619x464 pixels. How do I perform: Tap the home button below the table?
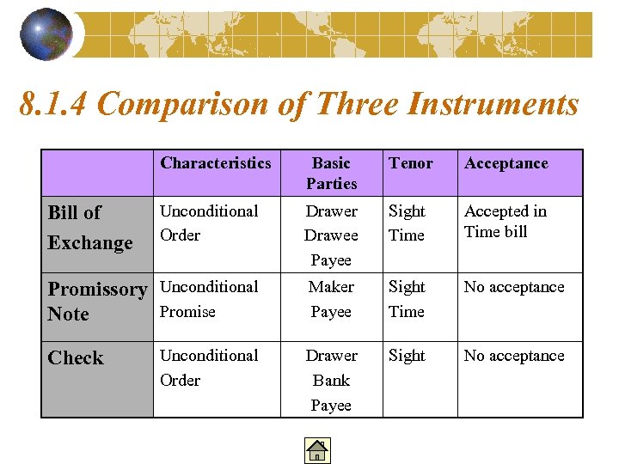[x=317, y=450]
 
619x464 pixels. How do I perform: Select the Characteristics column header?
[x=215, y=163]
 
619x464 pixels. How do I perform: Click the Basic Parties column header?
[x=331, y=173]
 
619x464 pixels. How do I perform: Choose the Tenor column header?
[x=410, y=163]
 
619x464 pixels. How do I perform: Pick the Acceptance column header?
[x=506, y=163]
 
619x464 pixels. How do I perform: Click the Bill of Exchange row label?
[x=89, y=228]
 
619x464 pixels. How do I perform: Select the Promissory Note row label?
[x=96, y=301]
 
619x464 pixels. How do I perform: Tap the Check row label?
[x=76, y=358]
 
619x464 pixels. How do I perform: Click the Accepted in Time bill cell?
[x=505, y=221]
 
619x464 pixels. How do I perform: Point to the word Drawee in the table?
[x=331, y=235]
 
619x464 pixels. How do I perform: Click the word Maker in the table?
[x=331, y=287]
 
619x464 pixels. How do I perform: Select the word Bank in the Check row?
[x=331, y=380]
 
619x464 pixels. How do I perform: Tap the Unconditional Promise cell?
[x=209, y=299]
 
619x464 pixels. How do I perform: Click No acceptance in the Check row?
[x=514, y=356]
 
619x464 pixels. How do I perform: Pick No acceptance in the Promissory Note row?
[x=514, y=287]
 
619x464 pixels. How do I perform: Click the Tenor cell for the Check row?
[x=407, y=356]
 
